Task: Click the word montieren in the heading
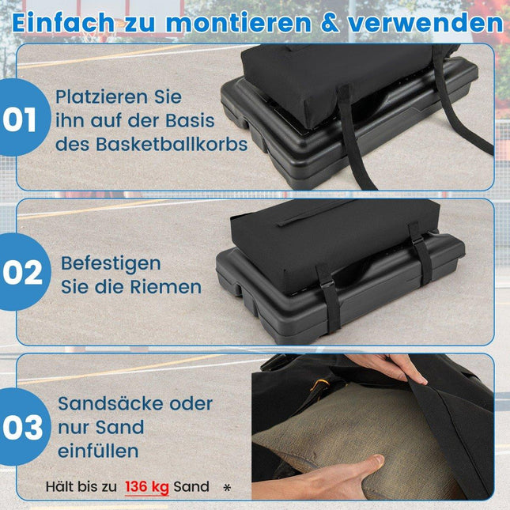[239, 23]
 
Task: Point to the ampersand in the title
[330, 23]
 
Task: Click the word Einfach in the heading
[63, 23]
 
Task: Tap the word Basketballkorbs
[172, 144]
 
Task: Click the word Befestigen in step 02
[111, 264]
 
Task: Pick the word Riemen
[165, 287]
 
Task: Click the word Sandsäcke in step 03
[111, 403]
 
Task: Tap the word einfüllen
[98, 451]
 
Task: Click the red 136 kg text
[147, 487]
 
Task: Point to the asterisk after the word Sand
[228, 488]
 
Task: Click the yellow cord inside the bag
[320, 385]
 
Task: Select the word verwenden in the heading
[425, 23]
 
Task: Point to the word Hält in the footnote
[57, 486]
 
